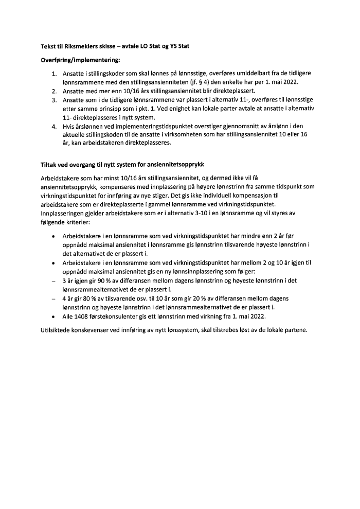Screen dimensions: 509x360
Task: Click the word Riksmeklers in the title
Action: (x=85, y=47)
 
